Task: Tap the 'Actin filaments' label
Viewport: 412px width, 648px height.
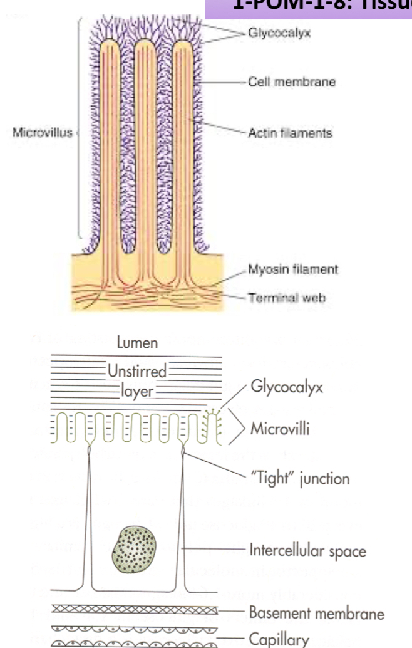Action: click(x=290, y=133)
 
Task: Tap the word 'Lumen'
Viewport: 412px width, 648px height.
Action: click(x=137, y=343)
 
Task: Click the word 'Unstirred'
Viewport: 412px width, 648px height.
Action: click(x=137, y=371)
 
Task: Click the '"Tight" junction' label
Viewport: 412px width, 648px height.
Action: click(x=299, y=479)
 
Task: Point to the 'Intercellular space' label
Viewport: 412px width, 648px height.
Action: click(x=307, y=551)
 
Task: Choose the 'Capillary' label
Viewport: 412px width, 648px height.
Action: click(x=279, y=639)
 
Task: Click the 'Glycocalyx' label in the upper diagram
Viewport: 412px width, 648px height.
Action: click(x=279, y=33)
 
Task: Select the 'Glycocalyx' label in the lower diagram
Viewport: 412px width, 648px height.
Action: click(x=287, y=386)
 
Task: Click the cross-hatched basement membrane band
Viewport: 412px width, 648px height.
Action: click(x=134, y=609)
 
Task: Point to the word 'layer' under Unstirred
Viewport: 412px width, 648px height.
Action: click(x=137, y=393)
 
